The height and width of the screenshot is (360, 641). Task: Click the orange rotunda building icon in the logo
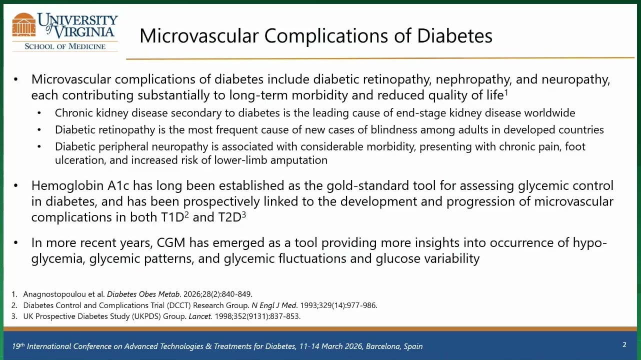pos(24,25)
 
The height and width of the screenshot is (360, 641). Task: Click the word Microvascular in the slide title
pos(199,36)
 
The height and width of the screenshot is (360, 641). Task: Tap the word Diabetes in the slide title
pos(454,36)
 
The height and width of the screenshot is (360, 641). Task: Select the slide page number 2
pos(624,344)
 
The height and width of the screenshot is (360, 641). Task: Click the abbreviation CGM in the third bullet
pos(171,242)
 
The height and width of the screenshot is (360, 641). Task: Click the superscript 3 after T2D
pos(244,214)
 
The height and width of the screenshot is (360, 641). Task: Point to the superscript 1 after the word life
pos(506,92)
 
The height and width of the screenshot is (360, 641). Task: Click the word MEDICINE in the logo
pos(87,46)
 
